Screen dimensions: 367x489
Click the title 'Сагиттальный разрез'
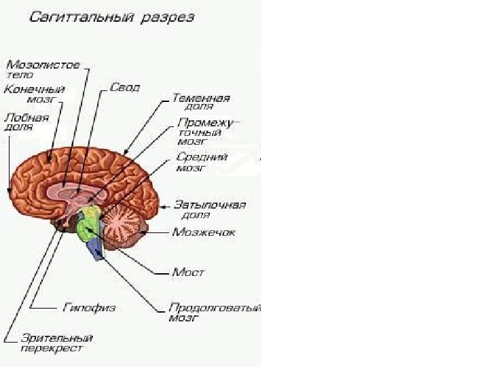(111, 17)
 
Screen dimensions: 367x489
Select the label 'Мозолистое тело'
(43, 70)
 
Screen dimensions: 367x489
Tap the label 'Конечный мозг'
(35, 94)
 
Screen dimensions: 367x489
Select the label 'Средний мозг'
(201, 162)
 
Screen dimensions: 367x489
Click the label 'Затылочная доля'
(209, 209)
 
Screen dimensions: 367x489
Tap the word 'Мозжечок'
(203, 232)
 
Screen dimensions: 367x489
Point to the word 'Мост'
(188, 272)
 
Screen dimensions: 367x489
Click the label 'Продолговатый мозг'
(214, 312)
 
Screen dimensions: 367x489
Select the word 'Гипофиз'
(88, 307)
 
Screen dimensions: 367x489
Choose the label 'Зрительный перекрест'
(56, 343)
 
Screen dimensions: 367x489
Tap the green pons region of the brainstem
(86, 229)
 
